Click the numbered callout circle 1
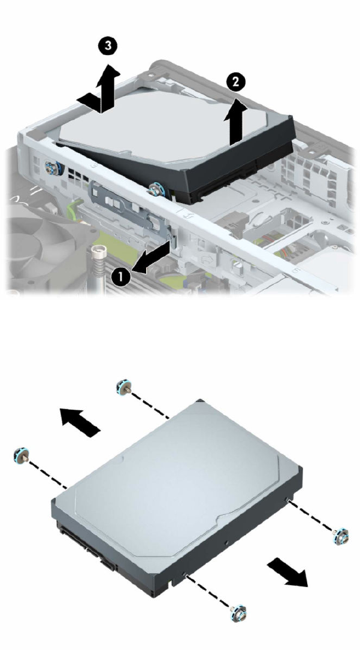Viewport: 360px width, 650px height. [120, 277]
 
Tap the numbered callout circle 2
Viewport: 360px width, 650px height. [235, 82]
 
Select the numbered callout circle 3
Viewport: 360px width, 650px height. [108, 46]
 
